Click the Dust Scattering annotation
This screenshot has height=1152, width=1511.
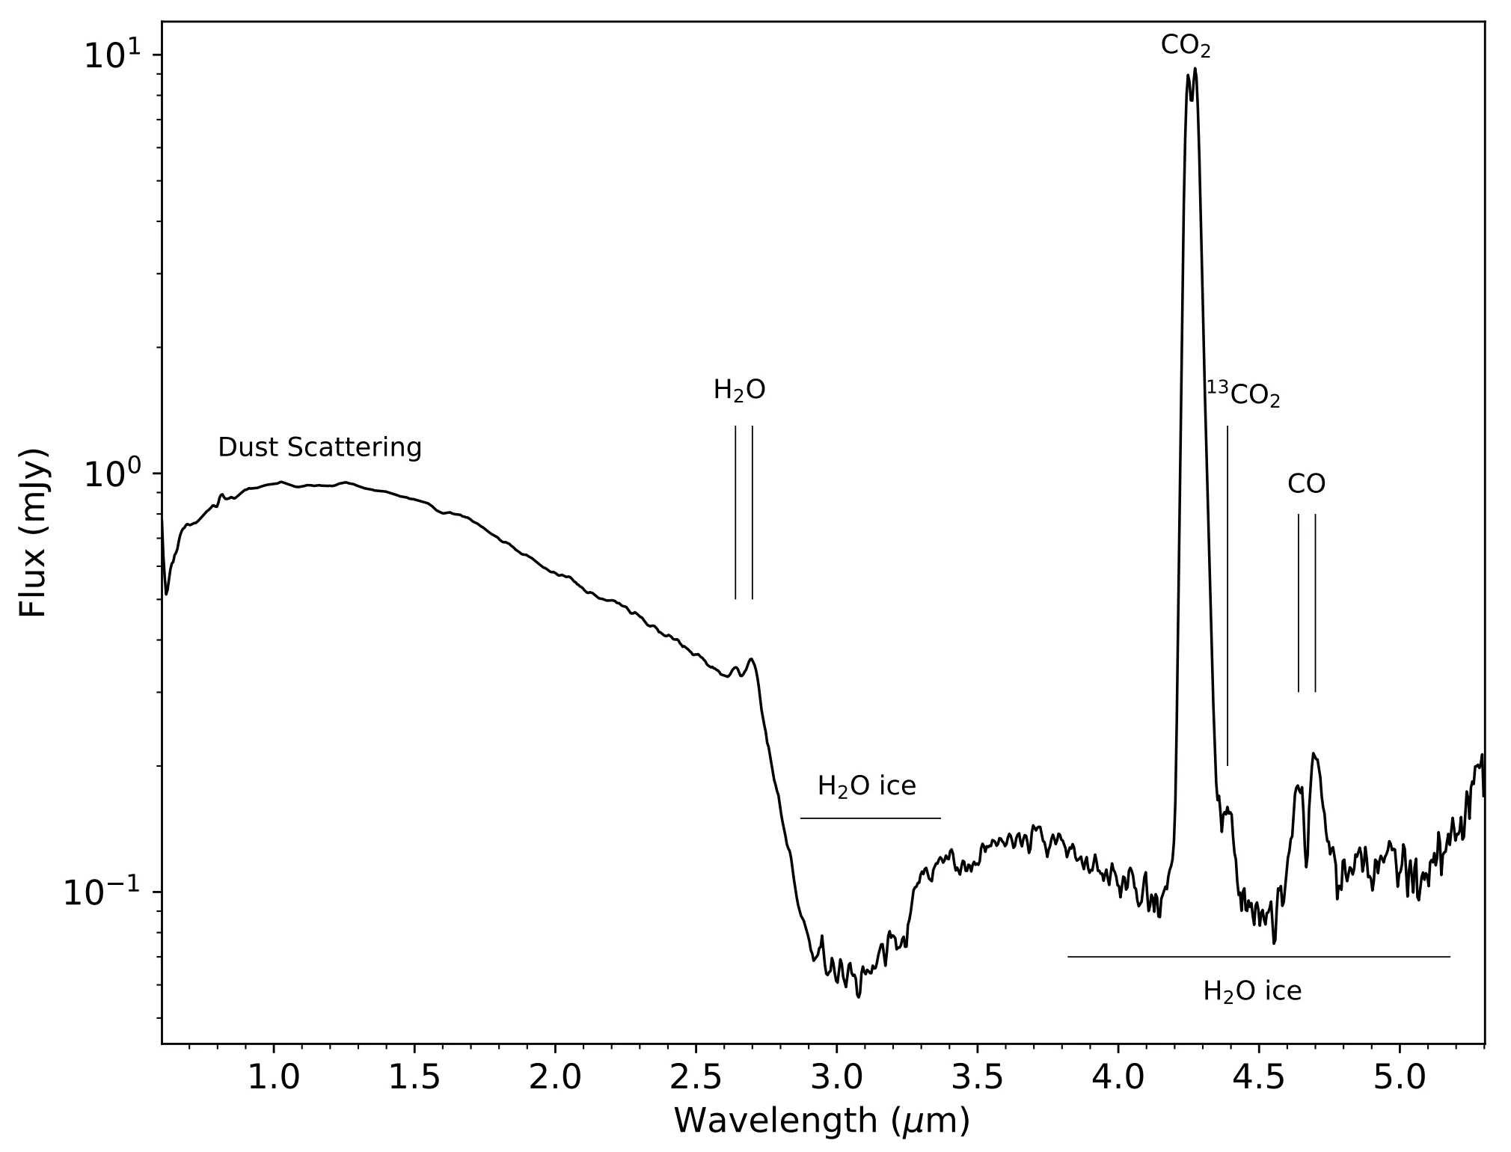point(319,447)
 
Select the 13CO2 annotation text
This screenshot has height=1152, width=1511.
point(1242,394)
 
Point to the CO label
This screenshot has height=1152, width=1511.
point(1306,484)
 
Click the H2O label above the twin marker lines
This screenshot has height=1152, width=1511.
point(739,390)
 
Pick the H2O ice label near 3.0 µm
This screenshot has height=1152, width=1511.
point(866,786)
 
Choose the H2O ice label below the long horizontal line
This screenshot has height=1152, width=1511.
point(1252,991)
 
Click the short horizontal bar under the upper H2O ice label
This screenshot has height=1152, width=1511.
point(870,818)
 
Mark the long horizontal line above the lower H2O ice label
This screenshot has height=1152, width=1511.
point(1258,957)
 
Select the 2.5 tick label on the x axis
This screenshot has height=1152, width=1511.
point(696,1078)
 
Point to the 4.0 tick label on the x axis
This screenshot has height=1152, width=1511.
point(1118,1078)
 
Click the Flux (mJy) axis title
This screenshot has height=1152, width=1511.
point(34,533)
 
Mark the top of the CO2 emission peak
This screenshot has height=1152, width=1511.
point(1195,69)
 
